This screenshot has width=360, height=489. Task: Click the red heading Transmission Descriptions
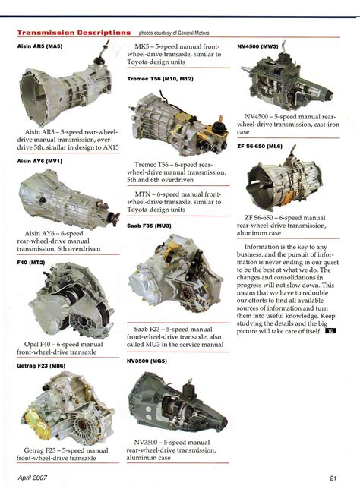[x=74, y=33]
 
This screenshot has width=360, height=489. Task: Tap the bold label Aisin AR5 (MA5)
[x=40, y=46]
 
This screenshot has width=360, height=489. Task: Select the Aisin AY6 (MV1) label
[x=39, y=161]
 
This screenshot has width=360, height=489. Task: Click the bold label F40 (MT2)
[x=31, y=263]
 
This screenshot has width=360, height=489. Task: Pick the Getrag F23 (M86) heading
[x=41, y=365]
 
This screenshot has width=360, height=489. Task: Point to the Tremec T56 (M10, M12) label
[x=160, y=79]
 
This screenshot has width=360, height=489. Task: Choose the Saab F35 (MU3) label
[x=149, y=226]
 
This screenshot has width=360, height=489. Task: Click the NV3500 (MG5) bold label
[x=147, y=361]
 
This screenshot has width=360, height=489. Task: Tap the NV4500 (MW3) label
[x=257, y=46]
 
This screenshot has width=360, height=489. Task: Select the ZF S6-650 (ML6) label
[x=260, y=146]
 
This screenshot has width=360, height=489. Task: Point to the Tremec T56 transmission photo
[x=177, y=123]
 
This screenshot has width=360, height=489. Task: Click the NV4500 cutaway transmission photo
[x=286, y=77]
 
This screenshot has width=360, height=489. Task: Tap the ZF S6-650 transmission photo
[x=284, y=181]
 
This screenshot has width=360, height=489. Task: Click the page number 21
[x=333, y=478]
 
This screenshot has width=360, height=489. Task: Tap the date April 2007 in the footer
[x=33, y=478]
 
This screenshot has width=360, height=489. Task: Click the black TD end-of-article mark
[x=330, y=331]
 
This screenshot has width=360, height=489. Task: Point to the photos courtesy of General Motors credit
[x=174, y=33]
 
